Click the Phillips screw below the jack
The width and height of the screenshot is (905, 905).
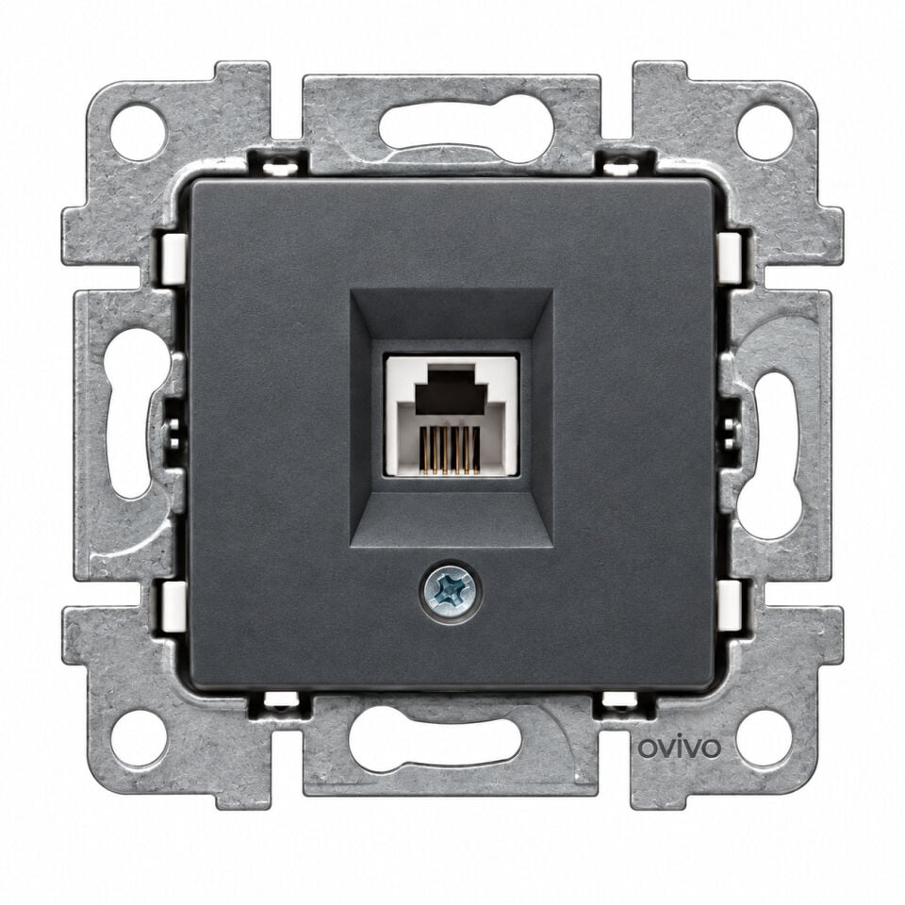[x=450, y=590]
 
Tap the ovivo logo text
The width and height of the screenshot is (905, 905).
[x=679, y=748]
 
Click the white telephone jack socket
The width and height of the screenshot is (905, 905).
[x=452, y=416]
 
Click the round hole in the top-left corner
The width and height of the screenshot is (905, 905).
[x=139, y=132]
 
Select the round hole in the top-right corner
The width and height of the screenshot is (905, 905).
[x=765, y=132]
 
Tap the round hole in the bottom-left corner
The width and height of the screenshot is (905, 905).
[x=139, y=738]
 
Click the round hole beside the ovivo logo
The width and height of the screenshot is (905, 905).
[x=764, y=738]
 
